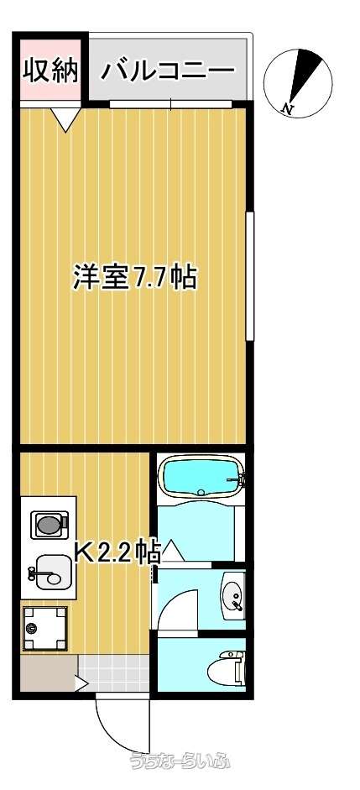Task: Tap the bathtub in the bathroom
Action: [202, 478]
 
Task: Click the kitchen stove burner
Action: [50, 525]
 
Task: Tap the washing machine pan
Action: [44, 628]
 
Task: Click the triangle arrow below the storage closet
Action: [65, 119]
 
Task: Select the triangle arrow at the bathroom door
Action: [170, 550]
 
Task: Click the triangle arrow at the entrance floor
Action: [81, 683]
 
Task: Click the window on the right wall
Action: [250, 276]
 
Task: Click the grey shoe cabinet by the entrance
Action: [49, 672]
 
